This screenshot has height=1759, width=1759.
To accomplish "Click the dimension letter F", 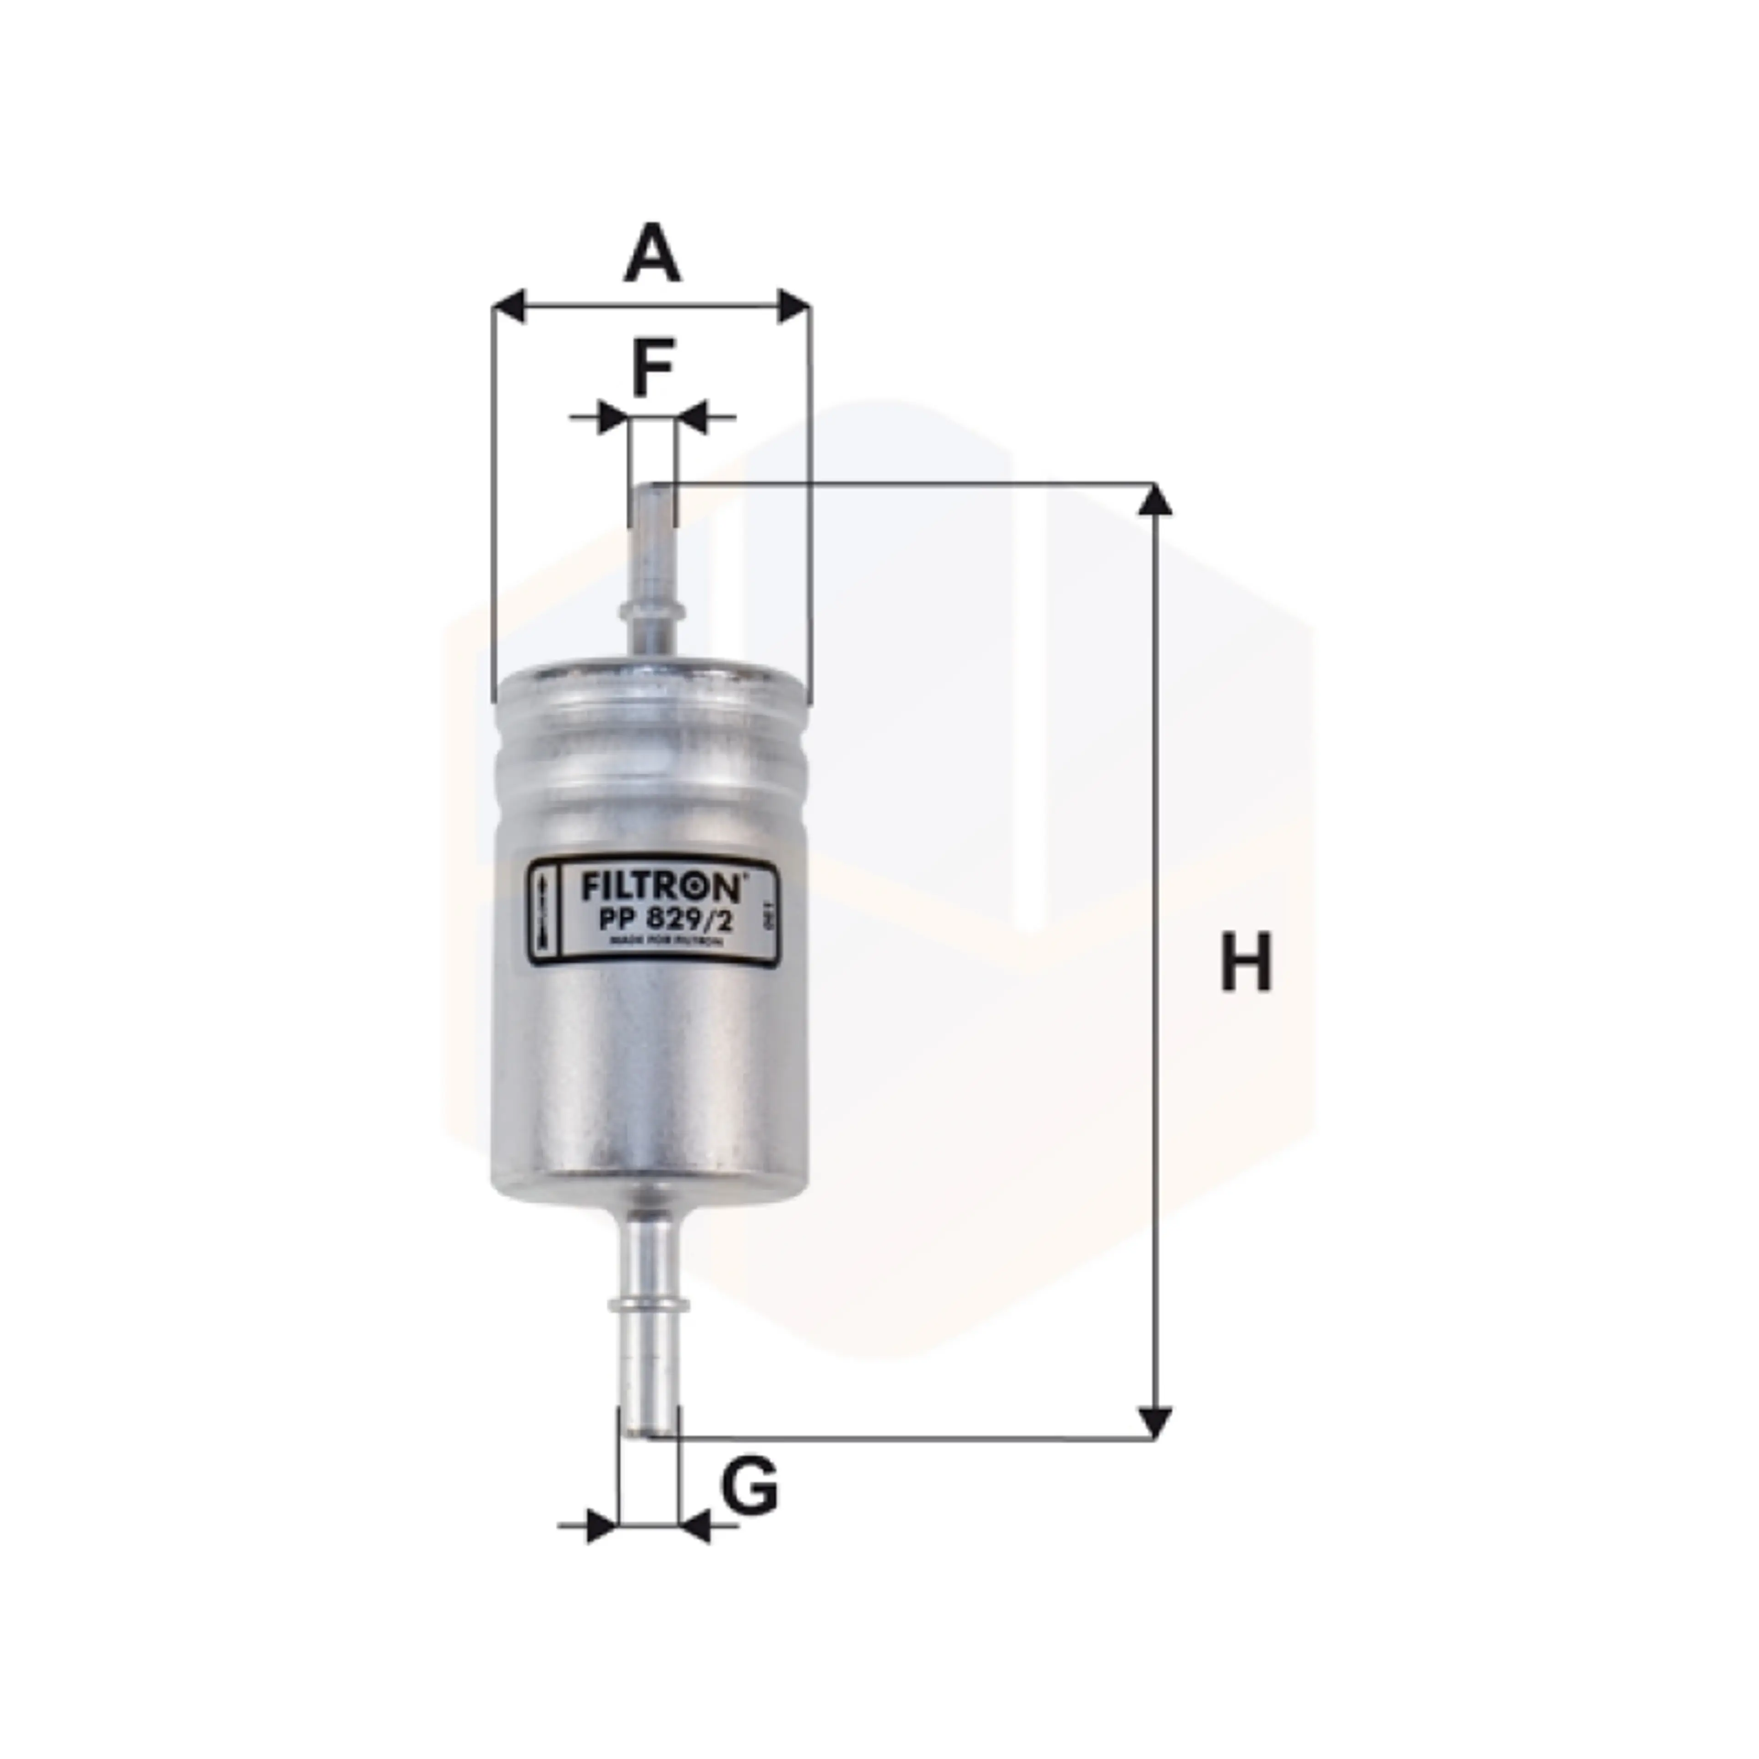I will click(652, 368).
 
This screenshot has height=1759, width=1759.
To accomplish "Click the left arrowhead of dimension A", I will click(510, 307).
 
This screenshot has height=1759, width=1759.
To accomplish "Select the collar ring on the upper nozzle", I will click(652, 608).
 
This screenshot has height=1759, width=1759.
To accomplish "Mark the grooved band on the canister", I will click(650, 774).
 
